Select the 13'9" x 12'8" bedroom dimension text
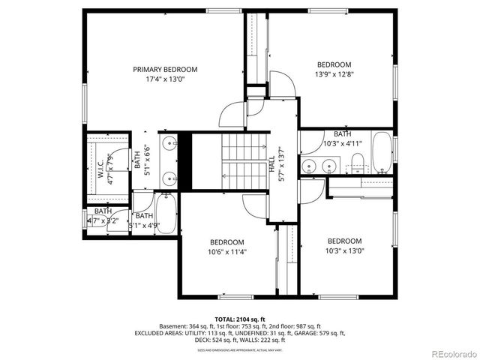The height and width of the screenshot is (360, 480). (334, 73)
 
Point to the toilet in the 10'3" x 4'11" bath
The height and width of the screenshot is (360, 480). (358, 160)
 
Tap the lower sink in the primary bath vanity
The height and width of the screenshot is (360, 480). (171, 178)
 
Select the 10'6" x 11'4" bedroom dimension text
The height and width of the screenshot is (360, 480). (226, 252)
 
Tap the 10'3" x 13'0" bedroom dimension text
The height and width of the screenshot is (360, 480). (344, 250)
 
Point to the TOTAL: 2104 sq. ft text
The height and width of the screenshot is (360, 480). (240, 319)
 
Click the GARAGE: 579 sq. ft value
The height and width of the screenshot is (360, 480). (319, 333)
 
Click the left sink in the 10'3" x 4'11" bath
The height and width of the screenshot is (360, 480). (308, 165)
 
